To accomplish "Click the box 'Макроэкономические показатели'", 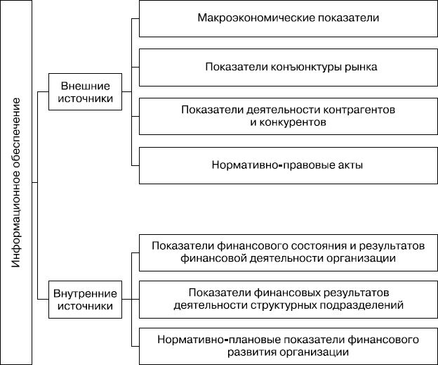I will click(x=288, y=18).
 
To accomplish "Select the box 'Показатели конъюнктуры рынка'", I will click(x=288, y=67).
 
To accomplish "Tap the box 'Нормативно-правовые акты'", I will click(x=288, y=165).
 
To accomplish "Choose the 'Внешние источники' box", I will click(x=86, y=91).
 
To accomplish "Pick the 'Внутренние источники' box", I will click(x=86, y=300).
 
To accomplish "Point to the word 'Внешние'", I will click(x=86, y=85).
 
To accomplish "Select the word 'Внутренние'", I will click(x=86, y=294).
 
